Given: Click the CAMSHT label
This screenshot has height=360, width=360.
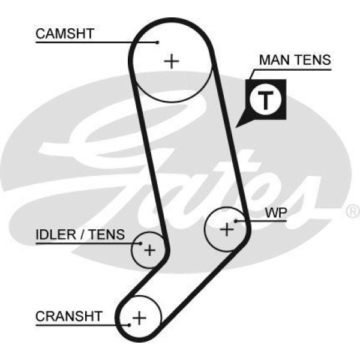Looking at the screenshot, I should coord(65,33).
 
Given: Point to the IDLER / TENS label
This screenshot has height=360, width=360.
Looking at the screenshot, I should coord(80,235).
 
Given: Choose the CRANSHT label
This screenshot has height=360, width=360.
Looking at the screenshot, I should coord(69,316).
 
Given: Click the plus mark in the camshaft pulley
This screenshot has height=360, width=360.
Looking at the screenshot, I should coord(172,61).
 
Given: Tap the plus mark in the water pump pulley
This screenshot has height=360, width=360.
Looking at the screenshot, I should coord(227,229).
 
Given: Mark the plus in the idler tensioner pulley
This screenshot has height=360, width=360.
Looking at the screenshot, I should coord(149,249).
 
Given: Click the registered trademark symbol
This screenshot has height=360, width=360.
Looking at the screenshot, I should coord(353,211).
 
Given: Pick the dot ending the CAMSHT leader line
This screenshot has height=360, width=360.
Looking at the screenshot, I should coord(157,42).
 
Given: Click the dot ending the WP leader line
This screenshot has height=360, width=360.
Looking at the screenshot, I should coord(236,221).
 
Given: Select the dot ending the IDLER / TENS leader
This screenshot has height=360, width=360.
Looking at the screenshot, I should coord(141,244).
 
